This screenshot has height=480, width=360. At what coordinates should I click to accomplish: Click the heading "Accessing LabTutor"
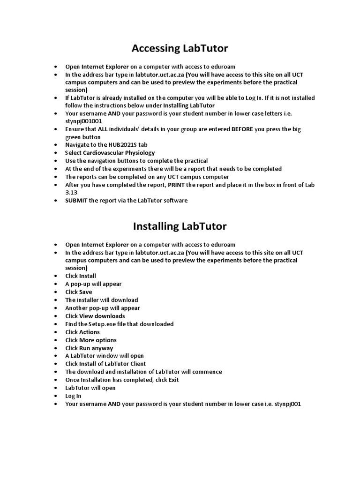[180, 48]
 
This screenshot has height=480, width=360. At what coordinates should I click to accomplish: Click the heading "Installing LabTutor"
[180, 226]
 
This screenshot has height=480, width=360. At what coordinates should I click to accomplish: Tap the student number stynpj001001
[83, 121]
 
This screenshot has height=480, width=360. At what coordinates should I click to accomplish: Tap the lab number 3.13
[71, 193]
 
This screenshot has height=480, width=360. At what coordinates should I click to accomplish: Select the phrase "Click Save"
[79, 292]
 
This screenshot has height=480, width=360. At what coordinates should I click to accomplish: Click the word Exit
[174, 380]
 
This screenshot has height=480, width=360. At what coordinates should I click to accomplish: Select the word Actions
[90, 332]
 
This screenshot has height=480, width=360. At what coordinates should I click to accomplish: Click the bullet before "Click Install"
[56, 276]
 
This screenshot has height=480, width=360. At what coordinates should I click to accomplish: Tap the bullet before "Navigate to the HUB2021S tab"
[56, 145]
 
